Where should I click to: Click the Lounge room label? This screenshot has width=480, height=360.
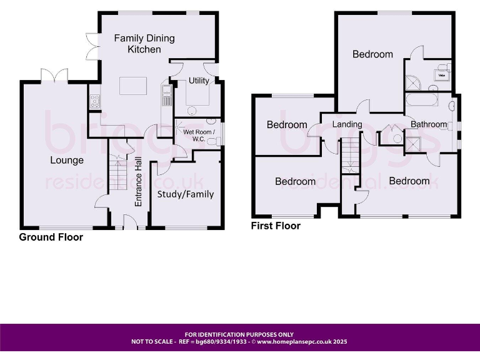(67, 161)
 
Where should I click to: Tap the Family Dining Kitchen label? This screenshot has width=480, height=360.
(144, 44)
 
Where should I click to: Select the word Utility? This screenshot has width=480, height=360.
(199, 81)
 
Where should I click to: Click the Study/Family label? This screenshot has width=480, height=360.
(186, 194)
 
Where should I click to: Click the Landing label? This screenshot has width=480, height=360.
(347, 124)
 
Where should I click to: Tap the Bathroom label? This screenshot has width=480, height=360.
(429, 124)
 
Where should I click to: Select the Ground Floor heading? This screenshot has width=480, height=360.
(51, 237)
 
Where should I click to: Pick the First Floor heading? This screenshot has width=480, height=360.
(276, 226)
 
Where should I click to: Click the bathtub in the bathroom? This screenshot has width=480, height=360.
(423, 100)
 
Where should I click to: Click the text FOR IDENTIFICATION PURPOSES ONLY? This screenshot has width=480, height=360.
(239, 334)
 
